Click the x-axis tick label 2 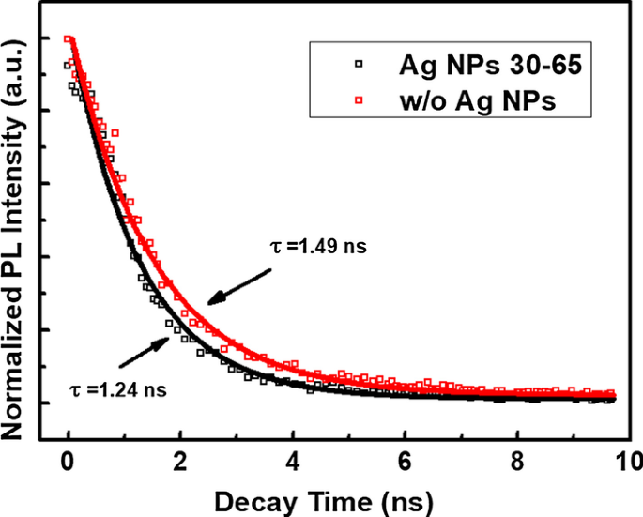point(180,460)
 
